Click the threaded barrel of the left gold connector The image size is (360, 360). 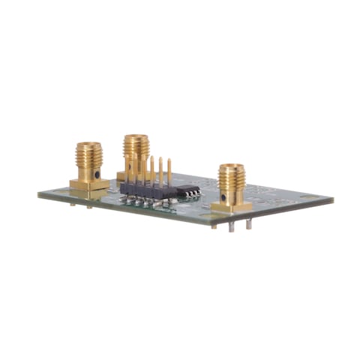click(88, 159)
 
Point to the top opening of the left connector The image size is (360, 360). click(88, 144)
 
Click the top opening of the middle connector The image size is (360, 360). click(136, 137)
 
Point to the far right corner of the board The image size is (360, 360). click(332, 201)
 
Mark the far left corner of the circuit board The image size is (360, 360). click(39, 194)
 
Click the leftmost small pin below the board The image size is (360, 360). click(72, 202)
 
